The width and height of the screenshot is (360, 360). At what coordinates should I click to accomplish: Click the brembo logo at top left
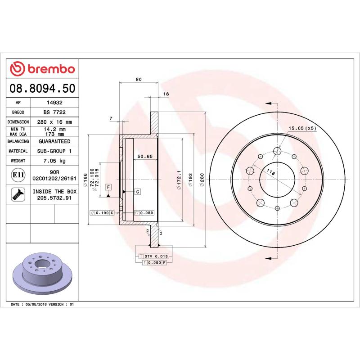tap(42, 69)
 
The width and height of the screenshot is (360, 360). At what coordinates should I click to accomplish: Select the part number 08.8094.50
tap(42, 89)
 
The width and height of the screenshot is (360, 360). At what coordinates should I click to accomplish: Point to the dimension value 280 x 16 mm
tap(54, 122)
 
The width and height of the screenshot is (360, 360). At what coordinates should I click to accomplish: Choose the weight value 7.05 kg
tap(54, 161)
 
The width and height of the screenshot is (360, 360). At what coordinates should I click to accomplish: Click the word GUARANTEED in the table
tap(54, 141)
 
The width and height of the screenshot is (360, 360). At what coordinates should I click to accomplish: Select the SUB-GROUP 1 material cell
tap(54, 151)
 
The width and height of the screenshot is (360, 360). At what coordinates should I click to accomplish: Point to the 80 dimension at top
tap(139, 80)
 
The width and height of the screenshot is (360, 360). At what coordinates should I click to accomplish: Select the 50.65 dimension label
tap(145, 156)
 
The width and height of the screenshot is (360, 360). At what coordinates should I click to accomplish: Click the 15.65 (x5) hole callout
tap(302, 128)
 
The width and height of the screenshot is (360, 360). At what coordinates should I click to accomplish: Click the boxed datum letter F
tap(108, 186)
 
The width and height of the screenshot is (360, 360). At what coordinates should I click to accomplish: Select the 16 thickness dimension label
tap(166, 94)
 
